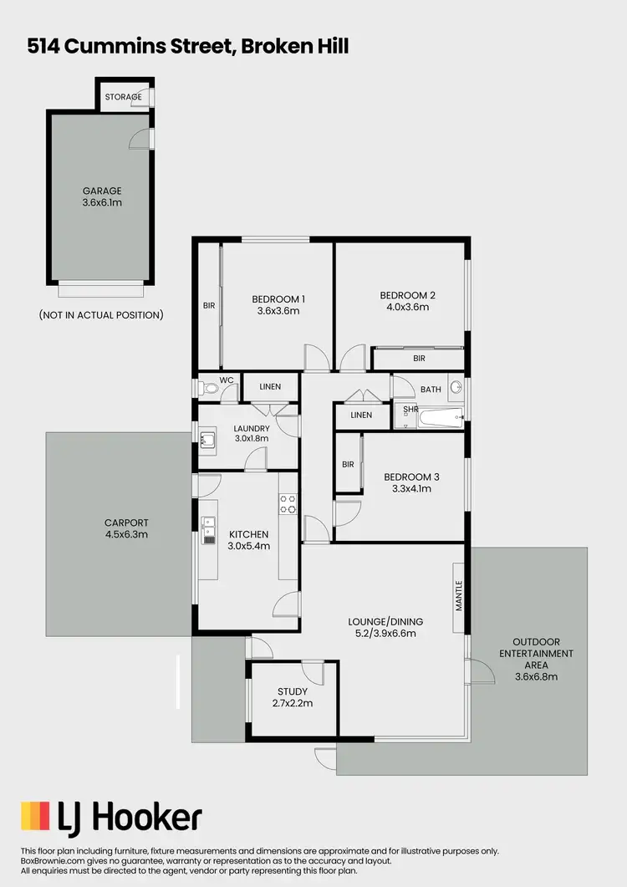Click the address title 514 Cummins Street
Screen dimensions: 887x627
(187, 47)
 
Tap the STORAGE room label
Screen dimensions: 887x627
(123, 97)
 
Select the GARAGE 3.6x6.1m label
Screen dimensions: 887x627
(102, 196)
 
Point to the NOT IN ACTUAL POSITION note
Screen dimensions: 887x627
(101, 315)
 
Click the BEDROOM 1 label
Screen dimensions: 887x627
(278, 298)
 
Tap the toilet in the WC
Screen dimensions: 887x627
(206, 388)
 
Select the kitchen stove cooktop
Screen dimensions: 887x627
(288, 502)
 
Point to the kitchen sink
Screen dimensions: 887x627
(207, 533)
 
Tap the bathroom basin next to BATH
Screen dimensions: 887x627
(456, 388)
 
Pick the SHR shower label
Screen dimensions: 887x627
(410, 410)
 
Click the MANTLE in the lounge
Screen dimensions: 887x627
(458, 595)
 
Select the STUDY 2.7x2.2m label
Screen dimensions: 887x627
(293, 697)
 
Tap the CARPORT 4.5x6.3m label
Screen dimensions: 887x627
(120, 528)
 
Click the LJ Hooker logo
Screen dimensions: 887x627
(111, 816)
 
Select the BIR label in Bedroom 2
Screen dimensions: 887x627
(419, 358)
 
